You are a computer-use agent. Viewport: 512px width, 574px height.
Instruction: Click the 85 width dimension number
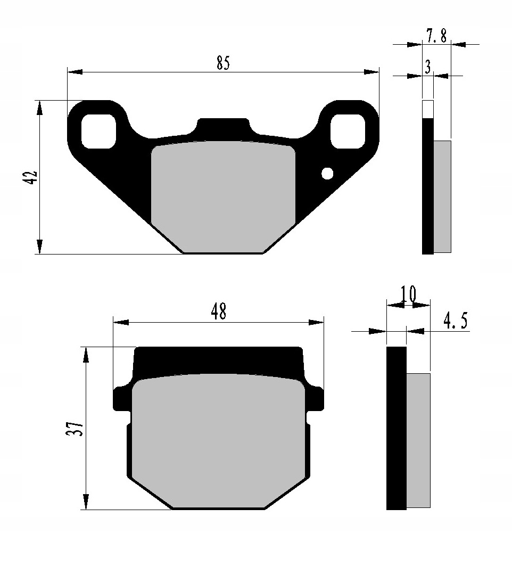point(223,63)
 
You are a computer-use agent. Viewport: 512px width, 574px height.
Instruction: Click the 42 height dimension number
point(31,177)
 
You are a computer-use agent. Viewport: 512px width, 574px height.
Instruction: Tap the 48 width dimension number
point(218,312)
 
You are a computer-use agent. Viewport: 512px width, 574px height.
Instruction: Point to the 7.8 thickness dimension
point(436,36)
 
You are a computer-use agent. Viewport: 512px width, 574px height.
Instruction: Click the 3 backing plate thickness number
point(428,67)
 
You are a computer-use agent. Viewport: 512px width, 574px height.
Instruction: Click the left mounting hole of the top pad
point(98,131)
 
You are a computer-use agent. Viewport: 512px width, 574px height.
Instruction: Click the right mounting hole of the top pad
point(348,131)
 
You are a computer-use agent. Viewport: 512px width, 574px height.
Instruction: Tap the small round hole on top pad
point(327,173)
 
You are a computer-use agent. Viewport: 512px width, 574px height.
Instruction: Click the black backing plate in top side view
point(427,186)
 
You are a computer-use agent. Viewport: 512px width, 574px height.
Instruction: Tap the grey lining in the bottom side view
point(418,439)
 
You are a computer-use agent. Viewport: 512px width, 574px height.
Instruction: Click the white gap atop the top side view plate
point(427,109)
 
